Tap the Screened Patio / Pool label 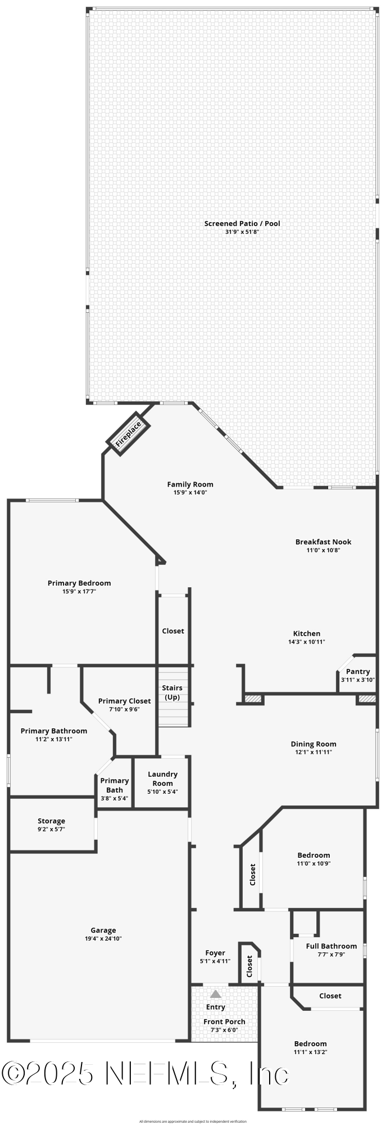[242, 223]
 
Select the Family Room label [190, 484]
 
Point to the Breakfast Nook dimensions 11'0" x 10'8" [323, 550]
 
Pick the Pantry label [358, 672]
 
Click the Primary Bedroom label [79, 583]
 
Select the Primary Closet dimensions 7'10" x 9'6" [124, 709]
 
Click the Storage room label [51, 821]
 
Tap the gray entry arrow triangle [216, 994]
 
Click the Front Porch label [224, 1021]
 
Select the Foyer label [215, 953]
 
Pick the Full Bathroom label [331, 946]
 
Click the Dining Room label [314, 744]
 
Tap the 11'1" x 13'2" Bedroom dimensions [310, 1052]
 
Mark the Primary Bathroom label [54, 731]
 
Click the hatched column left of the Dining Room [253, 699]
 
